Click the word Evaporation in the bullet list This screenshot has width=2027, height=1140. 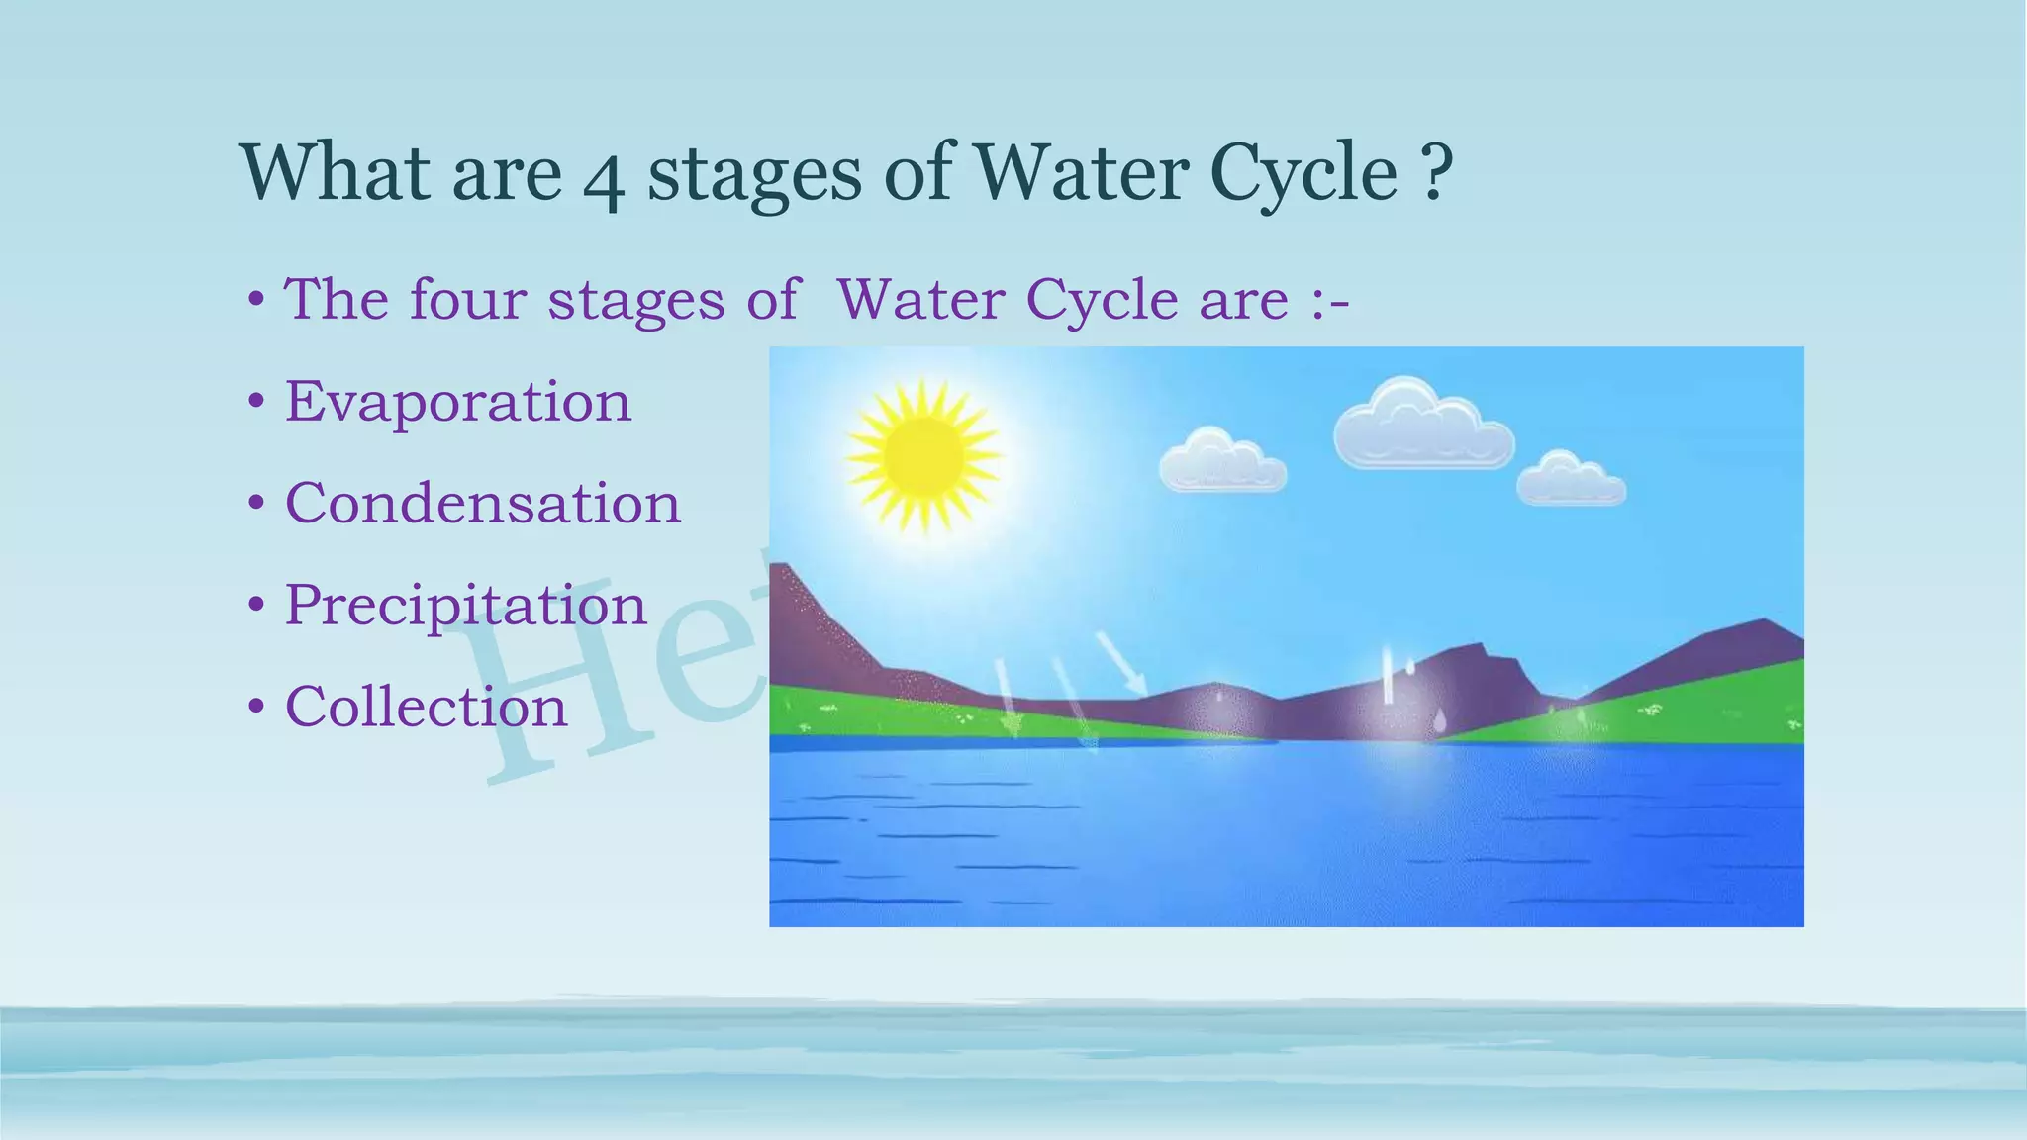[x=457, y=402]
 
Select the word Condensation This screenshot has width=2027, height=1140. [x=483, y=504]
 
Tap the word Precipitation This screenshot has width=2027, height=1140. [x=465, y=605]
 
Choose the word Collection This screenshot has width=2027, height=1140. [x=426, y=707]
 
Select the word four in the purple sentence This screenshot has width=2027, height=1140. [x=467, y=299]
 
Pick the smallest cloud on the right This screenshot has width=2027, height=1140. [x=1571, y=480]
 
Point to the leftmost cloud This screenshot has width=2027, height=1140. [x=1222, y=462]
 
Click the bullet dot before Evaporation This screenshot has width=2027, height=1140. [x=256, y=403]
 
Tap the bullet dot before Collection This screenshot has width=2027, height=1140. [x=256, y=708]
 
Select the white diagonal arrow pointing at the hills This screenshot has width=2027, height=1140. [x=1122, y=664]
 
